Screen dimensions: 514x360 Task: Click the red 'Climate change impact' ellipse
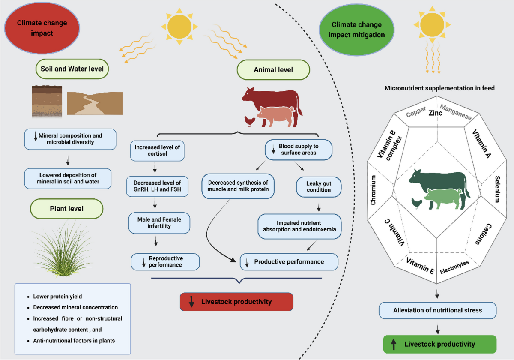[x=42, y=28]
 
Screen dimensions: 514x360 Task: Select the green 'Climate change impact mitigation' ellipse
[x=356, y=30]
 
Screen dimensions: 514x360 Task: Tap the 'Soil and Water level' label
[x=72, y=69]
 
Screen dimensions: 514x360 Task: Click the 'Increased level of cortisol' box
[x=157, y=150]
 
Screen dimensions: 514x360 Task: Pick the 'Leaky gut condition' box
[x=319, y=187]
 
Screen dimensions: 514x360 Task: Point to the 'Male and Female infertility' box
[x=159, y=223]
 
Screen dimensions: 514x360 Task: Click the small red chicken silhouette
[x=250, y=121]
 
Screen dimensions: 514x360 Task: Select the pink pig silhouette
[x=275, y=116]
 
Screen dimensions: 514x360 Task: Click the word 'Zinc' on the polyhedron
[x=435, y=113]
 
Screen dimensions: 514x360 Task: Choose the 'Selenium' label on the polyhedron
[x=497, y=189]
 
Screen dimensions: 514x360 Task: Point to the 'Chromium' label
[x=373, y=190]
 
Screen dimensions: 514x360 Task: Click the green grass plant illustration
[x=63, y=249]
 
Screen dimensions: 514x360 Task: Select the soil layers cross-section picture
[x=47, y=101]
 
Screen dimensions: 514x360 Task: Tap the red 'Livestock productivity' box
[x=236, y=302]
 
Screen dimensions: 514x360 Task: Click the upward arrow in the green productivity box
[x=394, y=344]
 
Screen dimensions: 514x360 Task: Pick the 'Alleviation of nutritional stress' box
[x=437, y=310]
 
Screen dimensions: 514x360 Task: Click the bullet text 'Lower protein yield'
[x=57, y=297]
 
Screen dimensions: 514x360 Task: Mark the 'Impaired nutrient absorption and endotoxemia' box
[x=299, y=226]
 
